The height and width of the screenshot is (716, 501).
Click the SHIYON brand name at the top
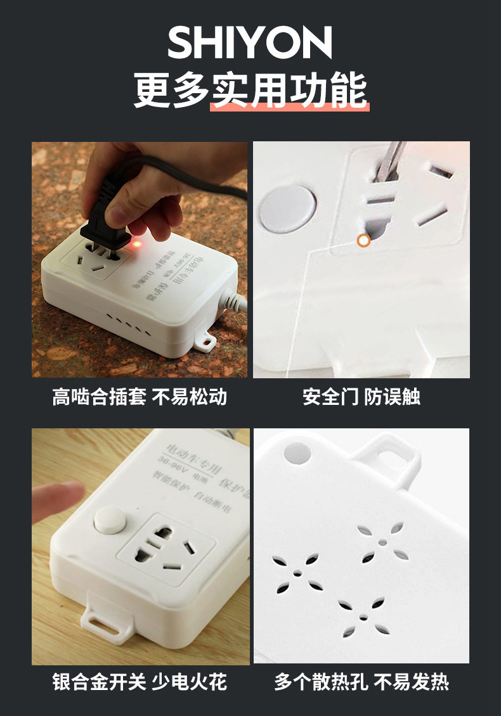point(250,42)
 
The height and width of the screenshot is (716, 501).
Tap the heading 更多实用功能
point(250,91)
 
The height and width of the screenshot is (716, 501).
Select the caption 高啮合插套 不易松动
point(140,397)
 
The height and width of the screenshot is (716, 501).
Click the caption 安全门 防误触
point(361,397)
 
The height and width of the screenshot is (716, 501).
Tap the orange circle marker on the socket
point(363,240)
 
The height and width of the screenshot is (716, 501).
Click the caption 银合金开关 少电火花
point(140,682)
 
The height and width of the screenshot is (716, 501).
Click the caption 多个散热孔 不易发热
point(361,682)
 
